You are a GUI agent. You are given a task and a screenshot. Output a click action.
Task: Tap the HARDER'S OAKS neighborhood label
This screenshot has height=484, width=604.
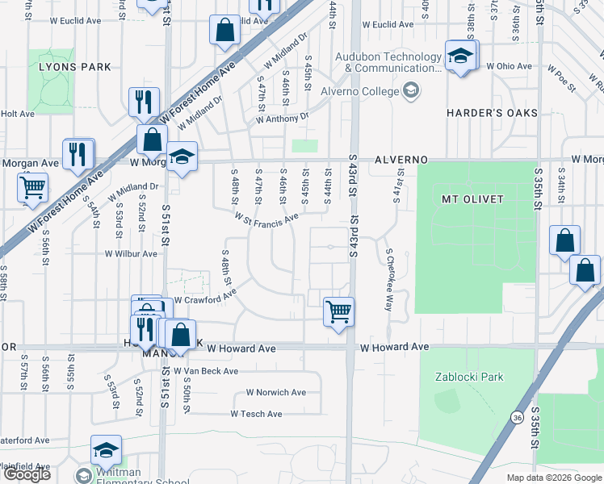(492, 113)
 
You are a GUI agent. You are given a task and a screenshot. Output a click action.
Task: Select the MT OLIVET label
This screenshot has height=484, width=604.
(472, 198)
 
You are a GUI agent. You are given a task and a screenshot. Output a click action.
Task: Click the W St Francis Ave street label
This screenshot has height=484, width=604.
(266, 218)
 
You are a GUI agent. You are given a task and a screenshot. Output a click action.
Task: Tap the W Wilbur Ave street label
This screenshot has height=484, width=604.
(131, 253)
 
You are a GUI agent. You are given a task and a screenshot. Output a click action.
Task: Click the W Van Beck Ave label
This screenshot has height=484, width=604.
(206, 371)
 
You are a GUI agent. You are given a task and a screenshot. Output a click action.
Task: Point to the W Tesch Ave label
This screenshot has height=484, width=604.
(256, 414)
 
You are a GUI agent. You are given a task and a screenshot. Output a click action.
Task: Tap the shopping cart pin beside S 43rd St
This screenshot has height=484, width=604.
(338, 311)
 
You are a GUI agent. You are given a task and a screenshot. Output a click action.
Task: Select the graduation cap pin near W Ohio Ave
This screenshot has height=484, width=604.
(460, 56)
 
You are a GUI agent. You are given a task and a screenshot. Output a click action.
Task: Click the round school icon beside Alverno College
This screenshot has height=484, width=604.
(411, 90)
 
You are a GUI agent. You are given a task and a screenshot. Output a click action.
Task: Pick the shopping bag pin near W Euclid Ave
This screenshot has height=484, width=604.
(225, 31)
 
